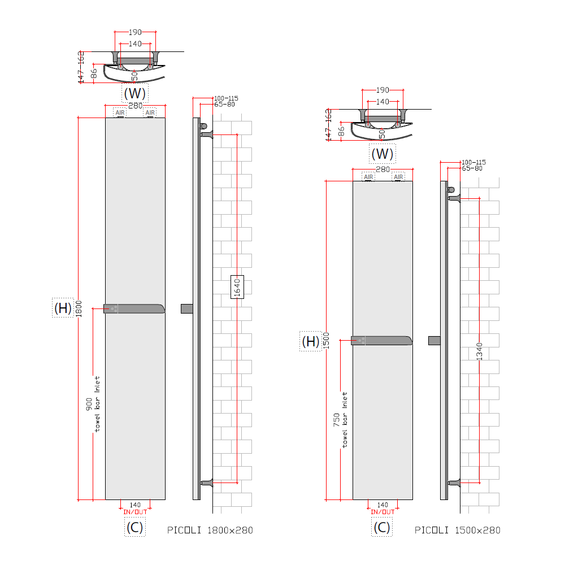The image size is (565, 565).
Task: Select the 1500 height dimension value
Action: click(327, 340)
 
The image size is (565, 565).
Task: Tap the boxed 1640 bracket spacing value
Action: click(237, 288)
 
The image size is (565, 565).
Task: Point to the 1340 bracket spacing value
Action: click(479, 351)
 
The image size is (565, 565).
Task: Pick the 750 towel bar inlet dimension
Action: click(337, 419)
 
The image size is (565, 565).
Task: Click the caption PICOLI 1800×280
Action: click(210, 530)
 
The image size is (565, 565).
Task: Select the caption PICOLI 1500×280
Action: click(458, 530)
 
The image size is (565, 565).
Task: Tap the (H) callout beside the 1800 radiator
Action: click(63, 308)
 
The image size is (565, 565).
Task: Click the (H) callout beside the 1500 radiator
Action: click(310, 341)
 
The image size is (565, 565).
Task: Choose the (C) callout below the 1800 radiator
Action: click(134, 527)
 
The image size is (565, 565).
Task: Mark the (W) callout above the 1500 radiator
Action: click(383, 153)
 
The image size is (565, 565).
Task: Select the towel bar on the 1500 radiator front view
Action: click(382, 340)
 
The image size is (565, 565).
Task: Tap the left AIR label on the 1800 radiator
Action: click(120, 112)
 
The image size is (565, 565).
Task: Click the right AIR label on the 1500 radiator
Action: click(398, 177)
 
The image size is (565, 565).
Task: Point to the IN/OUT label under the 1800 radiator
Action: click(135, 512)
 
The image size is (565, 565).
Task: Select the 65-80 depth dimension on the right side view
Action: click(472, 168)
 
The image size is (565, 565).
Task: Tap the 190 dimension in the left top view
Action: click(135, 32)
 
